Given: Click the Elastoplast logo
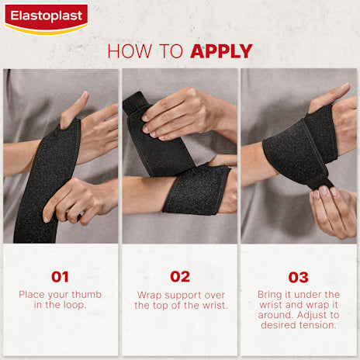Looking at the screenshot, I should click(46, 17).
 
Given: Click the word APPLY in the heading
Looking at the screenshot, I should click(221, 51).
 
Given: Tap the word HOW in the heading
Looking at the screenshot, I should click(126, 51).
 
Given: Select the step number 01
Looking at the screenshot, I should click(60, 277).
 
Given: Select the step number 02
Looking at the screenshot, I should click(179, 277).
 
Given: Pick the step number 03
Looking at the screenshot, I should click(299, 277).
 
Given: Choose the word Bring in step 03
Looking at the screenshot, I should click(272, 295).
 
